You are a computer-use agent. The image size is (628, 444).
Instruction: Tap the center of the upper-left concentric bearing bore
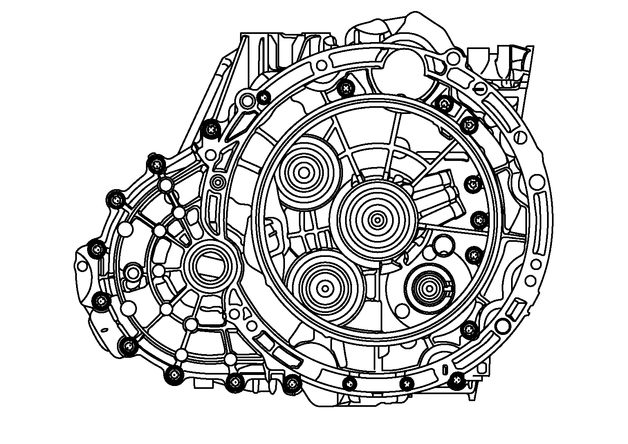coord(304,172)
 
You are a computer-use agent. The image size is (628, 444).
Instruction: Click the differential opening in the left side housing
coord(209,266)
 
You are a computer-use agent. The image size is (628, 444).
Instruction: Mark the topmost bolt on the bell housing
coord(346,87)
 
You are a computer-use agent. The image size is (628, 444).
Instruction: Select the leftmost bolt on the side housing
coord(97,249)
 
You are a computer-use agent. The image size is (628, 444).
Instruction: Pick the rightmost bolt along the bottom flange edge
coord(456,381)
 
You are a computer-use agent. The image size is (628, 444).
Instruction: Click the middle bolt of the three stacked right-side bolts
coord(477,220)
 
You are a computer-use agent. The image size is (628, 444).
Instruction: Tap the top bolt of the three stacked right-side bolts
coord(473,183)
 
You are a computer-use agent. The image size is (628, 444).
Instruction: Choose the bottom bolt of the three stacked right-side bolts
coord(473,255)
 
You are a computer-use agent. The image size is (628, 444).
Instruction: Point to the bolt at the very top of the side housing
coord(156,165)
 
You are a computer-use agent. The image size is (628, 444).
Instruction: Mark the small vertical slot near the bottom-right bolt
coord(444,369)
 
